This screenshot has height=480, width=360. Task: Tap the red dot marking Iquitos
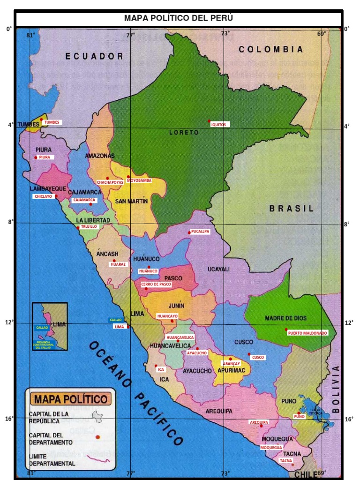click(210, 121)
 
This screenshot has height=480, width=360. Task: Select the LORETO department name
click(184, 133)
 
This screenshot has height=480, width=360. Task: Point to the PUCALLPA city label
click(201, 231)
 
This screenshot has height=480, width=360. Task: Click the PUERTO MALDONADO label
click(308, 333)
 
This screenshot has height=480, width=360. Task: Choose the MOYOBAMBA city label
click(139, 180)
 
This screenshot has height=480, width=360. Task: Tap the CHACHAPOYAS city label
click(110, 182)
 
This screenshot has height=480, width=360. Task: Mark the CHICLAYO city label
click(43, 196)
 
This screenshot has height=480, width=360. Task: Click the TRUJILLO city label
click(89, 226)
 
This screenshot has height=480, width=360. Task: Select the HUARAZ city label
click(118, 264)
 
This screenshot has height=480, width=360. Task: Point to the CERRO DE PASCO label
click(156, 284)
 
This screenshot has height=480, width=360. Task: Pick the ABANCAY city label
click(232, 364)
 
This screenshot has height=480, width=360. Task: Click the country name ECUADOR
click(94, 56)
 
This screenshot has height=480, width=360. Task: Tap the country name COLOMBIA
click(270, 49)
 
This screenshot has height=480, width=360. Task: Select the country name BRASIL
click(291, 209)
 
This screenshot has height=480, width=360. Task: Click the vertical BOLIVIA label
click(335, 389)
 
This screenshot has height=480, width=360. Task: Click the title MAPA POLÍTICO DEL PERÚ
click(178, 18)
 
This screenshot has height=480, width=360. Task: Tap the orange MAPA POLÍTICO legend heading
click(70, 399)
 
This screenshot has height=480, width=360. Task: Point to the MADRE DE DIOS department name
click(285, 318)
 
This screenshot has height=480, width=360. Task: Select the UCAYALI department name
click(218, 269)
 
